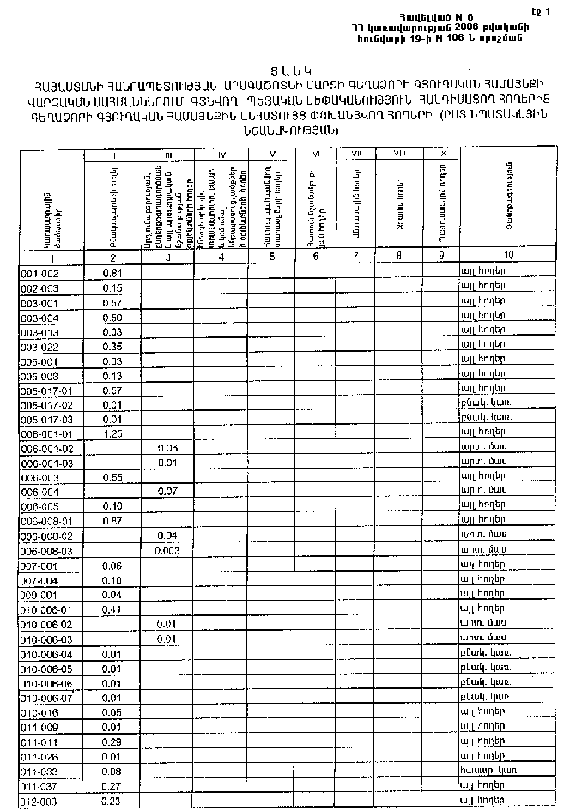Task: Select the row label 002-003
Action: [x=39, y=288]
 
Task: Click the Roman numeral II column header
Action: [x=112, y=154]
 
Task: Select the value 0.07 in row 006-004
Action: [x=167, y=492]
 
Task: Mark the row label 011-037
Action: [x=39, y=785]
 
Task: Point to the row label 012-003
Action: [x=39, y=801]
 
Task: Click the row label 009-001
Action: [x=39, y=595]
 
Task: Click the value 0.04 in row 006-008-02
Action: [x=167, y=536]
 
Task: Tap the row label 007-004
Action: [x=39, y=580]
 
